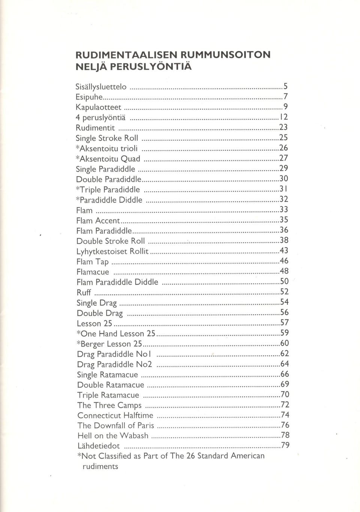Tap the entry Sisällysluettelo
pos(101,87)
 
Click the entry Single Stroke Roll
pos(107,138)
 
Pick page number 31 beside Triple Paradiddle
pos(284,189)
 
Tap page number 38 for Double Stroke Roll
pos(284,240)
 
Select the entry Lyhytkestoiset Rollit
pos(113,251)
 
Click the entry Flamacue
pos(93,272)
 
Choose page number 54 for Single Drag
pos(284,302)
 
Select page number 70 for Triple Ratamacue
pos(285,394)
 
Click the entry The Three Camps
pos(109,405)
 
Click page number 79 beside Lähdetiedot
pos(285,445)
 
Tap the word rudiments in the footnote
pos(100,467)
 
